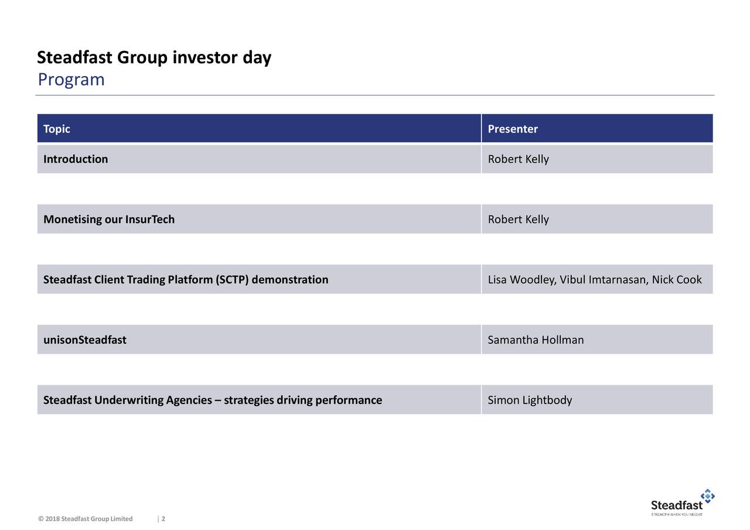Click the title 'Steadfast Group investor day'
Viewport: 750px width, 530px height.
pyautogui.click(x=154, y=58)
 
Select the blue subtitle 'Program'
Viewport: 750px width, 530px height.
pyautogui.click(x=71, y=80)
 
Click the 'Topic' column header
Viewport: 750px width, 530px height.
pyautogui.click(x=57, y=129)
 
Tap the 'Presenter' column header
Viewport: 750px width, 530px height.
pyautogui.click(x=513, y=129)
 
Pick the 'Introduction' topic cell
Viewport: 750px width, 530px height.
pyautogui.click(x=76, y=159)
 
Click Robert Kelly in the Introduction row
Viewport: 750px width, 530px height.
pyautogui.click(x=518, y=159)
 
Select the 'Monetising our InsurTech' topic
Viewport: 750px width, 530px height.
pyautogui.click(x=109, y=220)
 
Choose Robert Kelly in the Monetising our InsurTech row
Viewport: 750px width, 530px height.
pyautogui.click(x=518, y=220)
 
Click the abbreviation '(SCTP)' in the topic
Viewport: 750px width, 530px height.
pyautogui.click(x=233, y=279)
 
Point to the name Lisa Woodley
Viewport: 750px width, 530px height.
pyautogui.click(x=521, y=279)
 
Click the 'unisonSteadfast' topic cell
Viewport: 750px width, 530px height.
pyautogui.click(x=85, y=340)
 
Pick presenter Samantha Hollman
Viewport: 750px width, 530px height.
pyautogui.click(x=536, y=340)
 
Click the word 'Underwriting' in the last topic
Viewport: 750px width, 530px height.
pyautogui.click(x=129, y=400)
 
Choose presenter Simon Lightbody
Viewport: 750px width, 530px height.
pyautogui.click(x=530, y=400)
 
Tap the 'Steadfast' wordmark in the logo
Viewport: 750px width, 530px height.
pyautogui.click(x=677, y=505)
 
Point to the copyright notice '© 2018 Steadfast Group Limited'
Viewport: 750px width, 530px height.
pyautogui.click(x=86, y=519)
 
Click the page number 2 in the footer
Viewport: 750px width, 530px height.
pyautogui.click(x=163, y=519)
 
